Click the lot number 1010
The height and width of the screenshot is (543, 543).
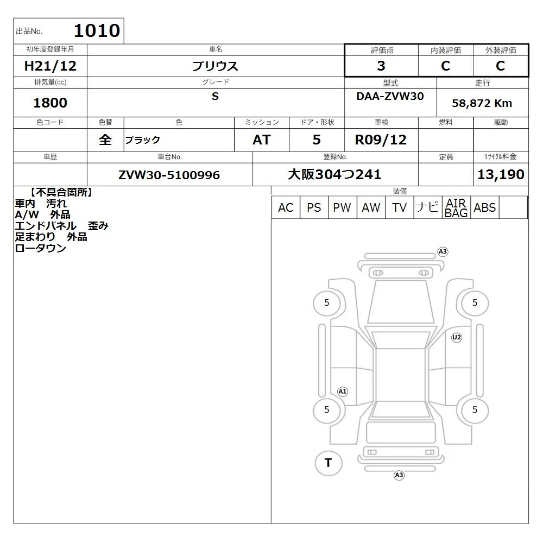click(97, 30)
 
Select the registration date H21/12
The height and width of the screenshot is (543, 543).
click(50, 66)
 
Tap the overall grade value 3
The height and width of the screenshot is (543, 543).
click(381, 66)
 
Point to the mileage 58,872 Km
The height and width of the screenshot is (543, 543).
click(482, 103)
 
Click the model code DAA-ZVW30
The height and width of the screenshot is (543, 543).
click(390, 96)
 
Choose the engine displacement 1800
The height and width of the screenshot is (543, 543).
click(50, 103)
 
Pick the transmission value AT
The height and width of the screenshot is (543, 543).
click(262, 140)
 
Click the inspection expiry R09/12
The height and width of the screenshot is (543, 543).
click(381, 140)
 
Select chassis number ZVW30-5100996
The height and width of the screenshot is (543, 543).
click(169, 175)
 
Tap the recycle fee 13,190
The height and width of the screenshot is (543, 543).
click(501, 174)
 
